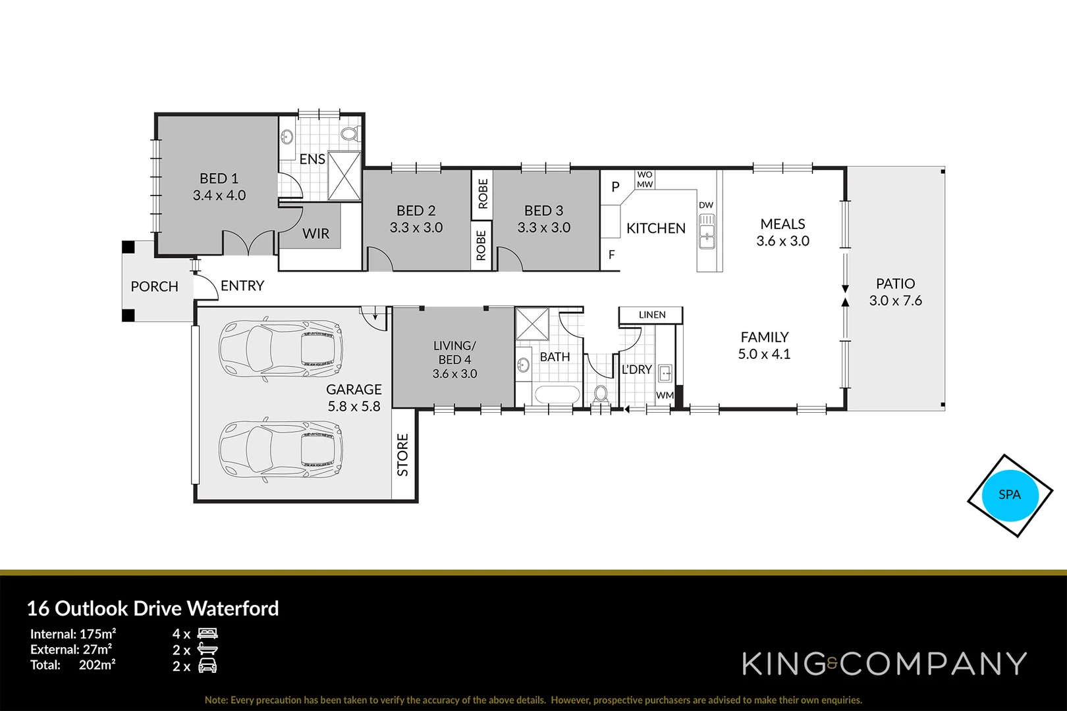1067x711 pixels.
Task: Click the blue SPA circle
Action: (1010, 495)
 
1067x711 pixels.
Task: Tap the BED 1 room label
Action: (219, 178)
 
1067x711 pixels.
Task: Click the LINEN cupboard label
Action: (652, 315)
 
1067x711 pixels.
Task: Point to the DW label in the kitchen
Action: (706, 205)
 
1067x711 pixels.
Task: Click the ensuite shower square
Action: (344, 175)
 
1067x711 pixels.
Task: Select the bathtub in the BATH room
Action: (557, 395)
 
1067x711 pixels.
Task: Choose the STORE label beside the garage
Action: (403, 455)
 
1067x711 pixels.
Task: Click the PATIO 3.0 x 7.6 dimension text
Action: (895, 301)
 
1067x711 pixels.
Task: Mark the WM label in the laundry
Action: (665, 395)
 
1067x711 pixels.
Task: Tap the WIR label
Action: (316, 234)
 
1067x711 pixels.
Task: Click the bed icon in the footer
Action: (207, 633)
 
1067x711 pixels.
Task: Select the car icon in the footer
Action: (207, 666)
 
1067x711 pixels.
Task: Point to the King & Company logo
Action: (884, 664)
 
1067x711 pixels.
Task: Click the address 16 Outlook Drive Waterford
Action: (153, 608)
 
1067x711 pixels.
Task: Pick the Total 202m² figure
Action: (97, 665)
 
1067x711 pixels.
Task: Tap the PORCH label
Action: (154, 286)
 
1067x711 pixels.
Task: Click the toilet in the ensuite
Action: (350, 134)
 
